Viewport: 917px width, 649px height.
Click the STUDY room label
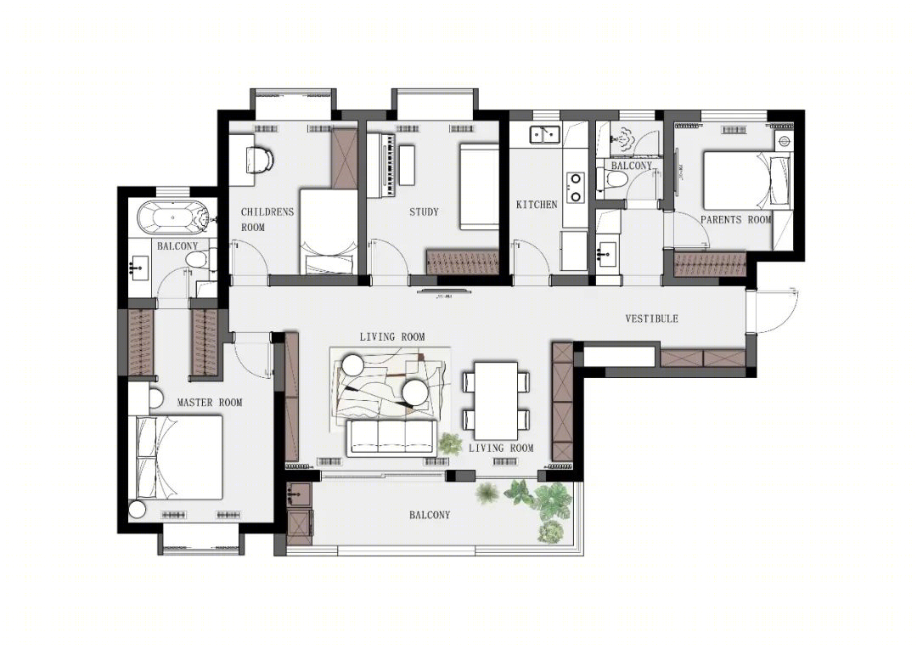pos(424,212)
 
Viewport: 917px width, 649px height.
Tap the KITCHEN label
pos(537,205)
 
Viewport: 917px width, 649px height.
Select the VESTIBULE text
pos(651,319)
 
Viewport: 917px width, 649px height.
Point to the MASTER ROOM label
pos(210,403)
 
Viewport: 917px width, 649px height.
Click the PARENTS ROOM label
pos(735,220)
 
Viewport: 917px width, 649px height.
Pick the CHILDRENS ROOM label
pos(267,219)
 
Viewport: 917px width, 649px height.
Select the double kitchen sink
pos(544,134)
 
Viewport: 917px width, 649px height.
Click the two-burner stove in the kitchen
pos(576,187)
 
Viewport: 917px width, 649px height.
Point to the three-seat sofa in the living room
pos(391,438)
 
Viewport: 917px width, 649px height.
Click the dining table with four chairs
pos(496,401)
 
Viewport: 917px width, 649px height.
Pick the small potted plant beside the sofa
pos(450,443)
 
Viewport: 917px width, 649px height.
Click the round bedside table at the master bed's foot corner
pos(137,509)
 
